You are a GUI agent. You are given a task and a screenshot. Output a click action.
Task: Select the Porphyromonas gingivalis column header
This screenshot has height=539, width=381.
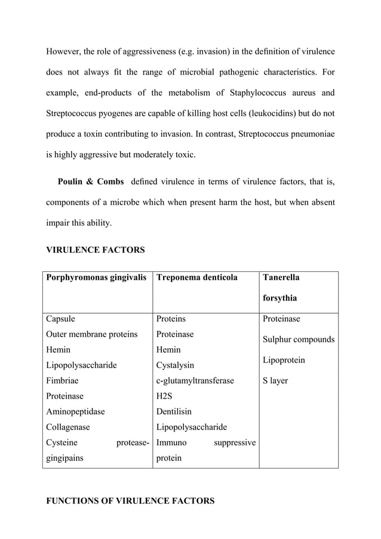[96, 277]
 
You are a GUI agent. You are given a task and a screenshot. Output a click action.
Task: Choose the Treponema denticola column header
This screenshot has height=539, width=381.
[196, 277]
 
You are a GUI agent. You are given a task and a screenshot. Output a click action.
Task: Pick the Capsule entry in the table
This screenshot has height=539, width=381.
[61, 319]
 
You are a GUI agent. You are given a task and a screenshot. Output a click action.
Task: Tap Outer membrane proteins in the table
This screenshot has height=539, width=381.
[92, 334]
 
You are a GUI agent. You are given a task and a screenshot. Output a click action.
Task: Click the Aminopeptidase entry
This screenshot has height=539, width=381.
[75, 412]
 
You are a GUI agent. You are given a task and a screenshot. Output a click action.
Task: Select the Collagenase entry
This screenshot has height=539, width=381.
[69, 427]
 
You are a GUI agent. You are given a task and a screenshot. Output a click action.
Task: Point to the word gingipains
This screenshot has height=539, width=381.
[66, 458]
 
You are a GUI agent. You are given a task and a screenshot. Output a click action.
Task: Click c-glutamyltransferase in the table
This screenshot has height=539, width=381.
[195, 381]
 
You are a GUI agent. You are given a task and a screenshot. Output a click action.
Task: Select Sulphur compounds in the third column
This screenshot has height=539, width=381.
[299, 340]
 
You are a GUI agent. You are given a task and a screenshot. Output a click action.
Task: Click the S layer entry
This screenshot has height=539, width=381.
[275, 381]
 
